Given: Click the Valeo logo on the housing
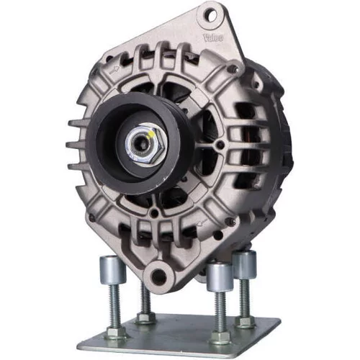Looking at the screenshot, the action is (213, 38).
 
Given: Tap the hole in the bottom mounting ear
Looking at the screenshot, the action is (159, 275).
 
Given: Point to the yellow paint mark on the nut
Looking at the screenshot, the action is (151, 135).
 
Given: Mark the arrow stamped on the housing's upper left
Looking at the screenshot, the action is (114, 70).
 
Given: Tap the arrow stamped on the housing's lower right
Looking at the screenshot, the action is (202, 224).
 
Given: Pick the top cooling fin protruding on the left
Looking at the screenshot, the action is (77, 123).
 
